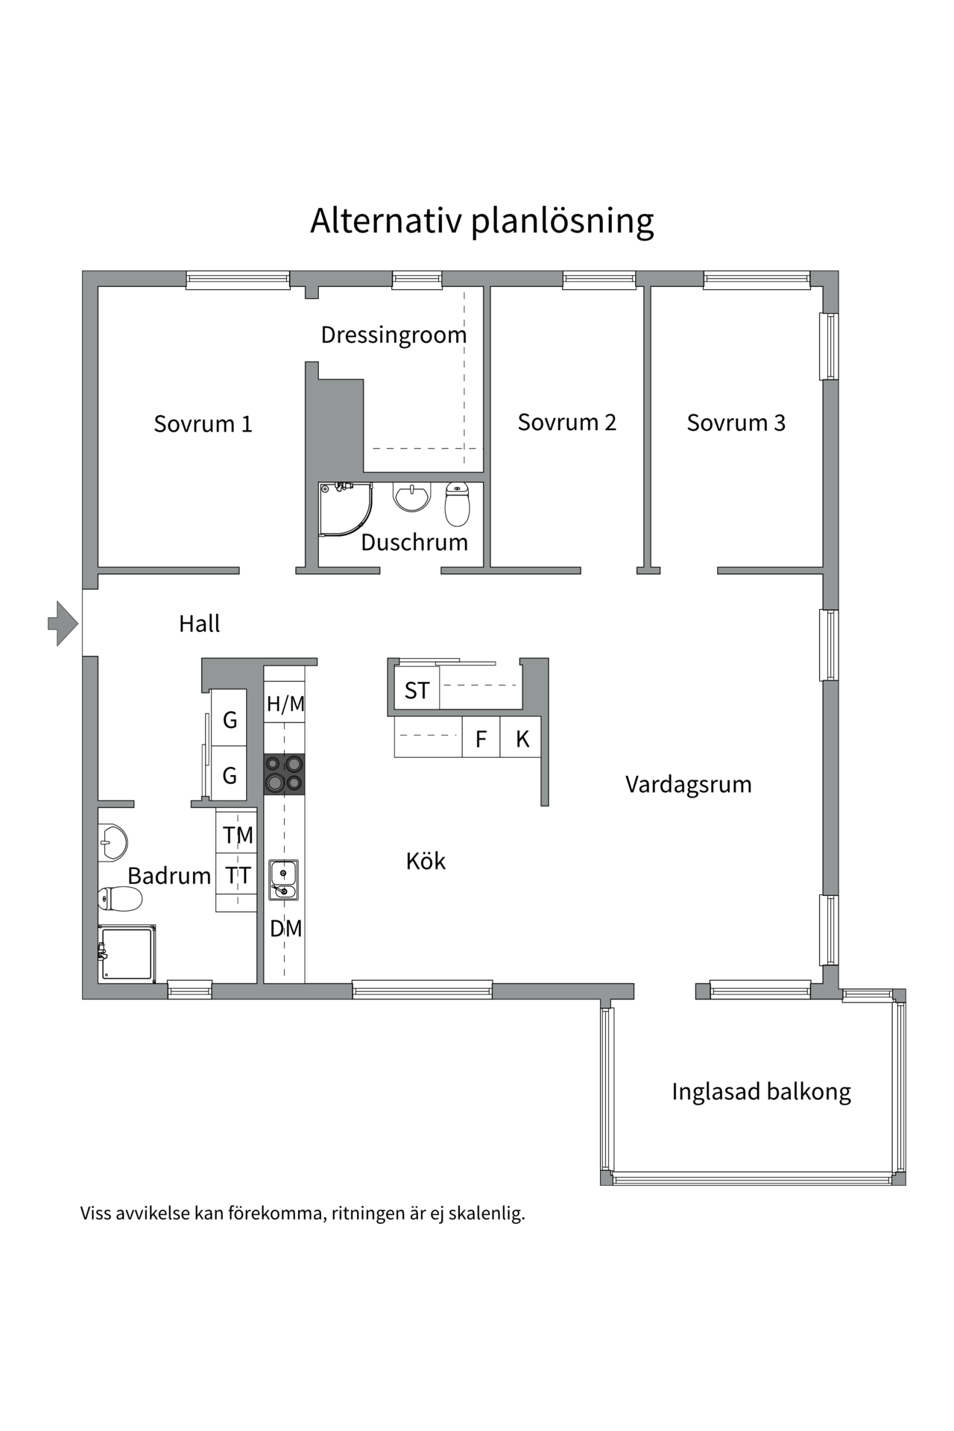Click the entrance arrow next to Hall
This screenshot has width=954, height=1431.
(63, 623)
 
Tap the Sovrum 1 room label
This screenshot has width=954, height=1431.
(203, 424)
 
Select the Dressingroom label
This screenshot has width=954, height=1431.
(394, 335)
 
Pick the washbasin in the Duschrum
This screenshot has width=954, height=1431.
(411, 497)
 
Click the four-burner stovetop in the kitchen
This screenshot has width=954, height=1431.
(284, 774)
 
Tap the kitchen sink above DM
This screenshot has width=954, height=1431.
(284, 879)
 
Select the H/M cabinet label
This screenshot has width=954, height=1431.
(285, 704)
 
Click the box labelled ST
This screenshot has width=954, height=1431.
(417, 691)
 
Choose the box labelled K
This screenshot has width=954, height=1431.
(522, 739)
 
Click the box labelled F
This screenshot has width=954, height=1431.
(481, 739)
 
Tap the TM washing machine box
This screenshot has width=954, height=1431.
(238, 835)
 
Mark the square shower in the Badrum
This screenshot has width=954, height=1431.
(127, 953)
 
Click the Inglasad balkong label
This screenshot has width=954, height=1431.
(760, 1092)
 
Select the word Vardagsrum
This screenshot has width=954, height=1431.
(688, 784)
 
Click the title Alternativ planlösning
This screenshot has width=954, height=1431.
(481, 221)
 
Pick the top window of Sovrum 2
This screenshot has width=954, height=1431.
(599, 280)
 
